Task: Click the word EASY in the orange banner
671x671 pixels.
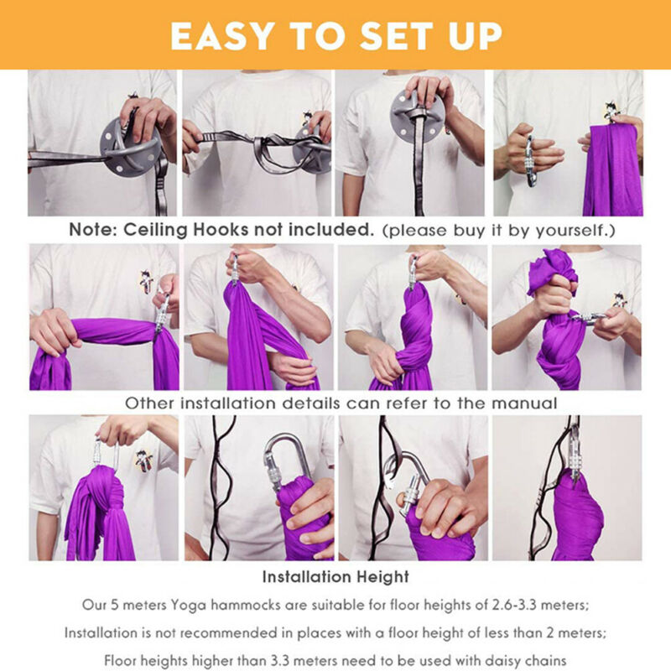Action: point(222,35)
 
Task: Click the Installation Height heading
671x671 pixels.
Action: point(335,577)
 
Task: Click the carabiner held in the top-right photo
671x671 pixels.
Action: point(530,161)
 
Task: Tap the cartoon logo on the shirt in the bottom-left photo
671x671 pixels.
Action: point(144,460)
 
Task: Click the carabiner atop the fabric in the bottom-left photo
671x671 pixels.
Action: point(106,454)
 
